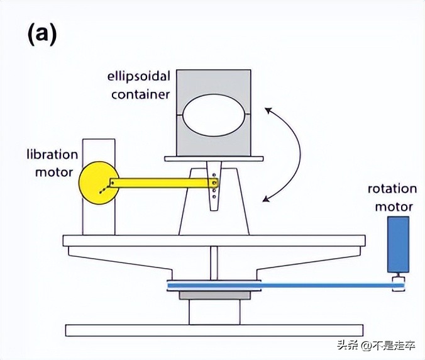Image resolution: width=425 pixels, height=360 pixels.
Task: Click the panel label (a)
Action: [41, 34]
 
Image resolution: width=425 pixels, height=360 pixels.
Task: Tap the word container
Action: [141, 95]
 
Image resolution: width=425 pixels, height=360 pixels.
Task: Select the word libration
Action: [52, 155]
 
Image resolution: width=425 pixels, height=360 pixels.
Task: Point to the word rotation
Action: [392, 189]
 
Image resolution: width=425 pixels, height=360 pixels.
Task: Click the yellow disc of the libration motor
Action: [94, 183]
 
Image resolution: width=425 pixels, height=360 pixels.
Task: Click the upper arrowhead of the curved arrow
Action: [268, 111]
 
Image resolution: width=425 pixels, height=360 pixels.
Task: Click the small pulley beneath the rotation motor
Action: [398, 283]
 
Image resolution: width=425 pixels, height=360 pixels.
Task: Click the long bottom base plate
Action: [214, 330]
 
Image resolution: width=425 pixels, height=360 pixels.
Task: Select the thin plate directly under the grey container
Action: [213, 159]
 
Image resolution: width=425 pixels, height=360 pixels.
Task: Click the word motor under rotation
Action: [394, 206]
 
